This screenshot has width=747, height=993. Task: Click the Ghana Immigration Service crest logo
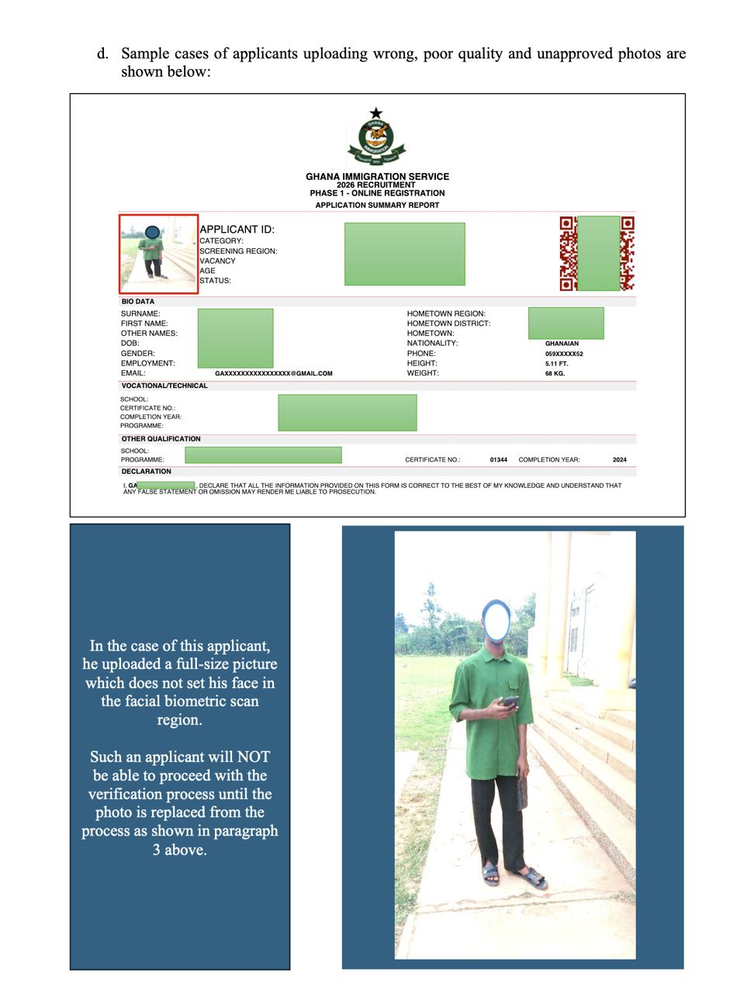point(376,137)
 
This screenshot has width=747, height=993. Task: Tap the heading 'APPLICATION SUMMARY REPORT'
point(377,205)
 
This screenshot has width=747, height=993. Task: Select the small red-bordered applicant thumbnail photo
point(158,254)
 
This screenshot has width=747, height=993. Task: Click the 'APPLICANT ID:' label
point(237,229)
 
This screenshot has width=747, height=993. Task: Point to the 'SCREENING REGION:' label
point(238,251)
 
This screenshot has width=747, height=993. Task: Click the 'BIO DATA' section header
point(137,301)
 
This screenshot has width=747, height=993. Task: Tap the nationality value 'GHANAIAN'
point(562,343)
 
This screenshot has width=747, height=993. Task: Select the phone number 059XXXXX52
point(564,353)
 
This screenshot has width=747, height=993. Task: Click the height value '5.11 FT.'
point(556,363)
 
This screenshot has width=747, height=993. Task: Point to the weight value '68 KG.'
point(555,373)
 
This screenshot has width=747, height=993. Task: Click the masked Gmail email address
point(273,373)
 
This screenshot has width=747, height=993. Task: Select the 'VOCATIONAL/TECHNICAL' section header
point(164,386)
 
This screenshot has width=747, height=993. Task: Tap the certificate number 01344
point(498,459)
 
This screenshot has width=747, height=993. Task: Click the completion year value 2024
point(619,459)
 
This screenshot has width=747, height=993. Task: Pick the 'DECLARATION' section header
point(146,471)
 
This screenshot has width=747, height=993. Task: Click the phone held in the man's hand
point(510,702)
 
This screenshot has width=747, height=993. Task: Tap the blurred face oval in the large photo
point(496,619)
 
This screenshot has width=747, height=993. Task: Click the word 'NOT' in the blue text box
point(254,757)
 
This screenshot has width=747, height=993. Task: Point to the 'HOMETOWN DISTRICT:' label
point(448,324)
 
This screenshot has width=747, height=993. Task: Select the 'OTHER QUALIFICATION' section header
point(161,438)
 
